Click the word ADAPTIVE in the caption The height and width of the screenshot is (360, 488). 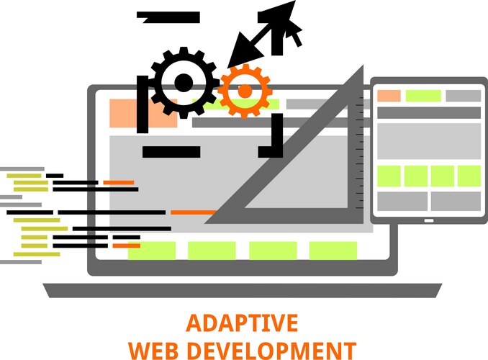[x=242, y=323]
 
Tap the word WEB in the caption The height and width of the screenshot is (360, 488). [x=153, y=351]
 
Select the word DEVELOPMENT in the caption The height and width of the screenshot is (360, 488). [x=271, y=351]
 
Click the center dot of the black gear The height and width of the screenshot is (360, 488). [x=184, y=83]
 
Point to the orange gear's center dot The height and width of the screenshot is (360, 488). [x=245, y=91]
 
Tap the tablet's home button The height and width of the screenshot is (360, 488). [x=429, y=221]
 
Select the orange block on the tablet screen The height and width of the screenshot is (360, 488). [x=389, y=96]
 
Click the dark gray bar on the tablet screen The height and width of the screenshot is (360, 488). [x=429, y=113]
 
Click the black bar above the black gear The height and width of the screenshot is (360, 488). [x=168, y=17]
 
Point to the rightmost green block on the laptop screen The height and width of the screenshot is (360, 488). [x=333, y=250]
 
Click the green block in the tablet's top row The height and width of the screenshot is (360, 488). [x=423, y=96]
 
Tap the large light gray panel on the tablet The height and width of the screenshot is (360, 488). [x=429, y=141]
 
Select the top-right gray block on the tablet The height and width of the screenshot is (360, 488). [x=464, y=96]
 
